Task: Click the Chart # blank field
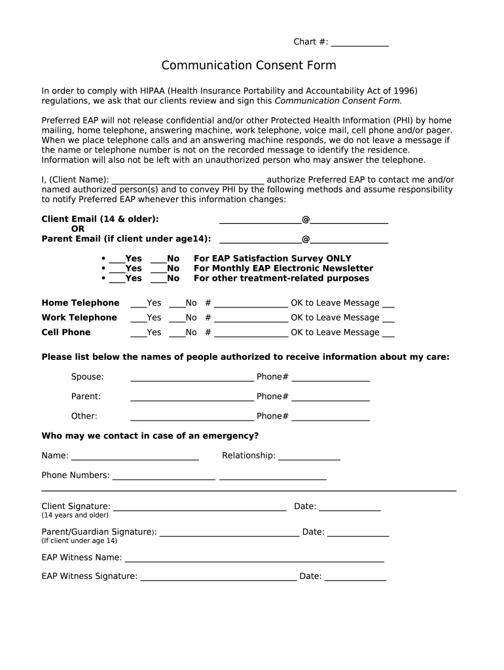pos(359,44)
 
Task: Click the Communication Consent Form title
pos(249,65)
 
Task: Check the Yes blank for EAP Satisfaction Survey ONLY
pos(117,260)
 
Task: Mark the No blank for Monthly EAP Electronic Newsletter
pos(158,270)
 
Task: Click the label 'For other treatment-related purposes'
pos(281,278)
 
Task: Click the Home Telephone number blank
pos(251,304)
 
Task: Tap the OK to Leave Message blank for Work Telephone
pos(388,319)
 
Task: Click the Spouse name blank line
pos(192,378)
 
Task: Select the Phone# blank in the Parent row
pos(331,398)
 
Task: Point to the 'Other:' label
pos(84,416)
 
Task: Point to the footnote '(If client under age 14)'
pos(79,541)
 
